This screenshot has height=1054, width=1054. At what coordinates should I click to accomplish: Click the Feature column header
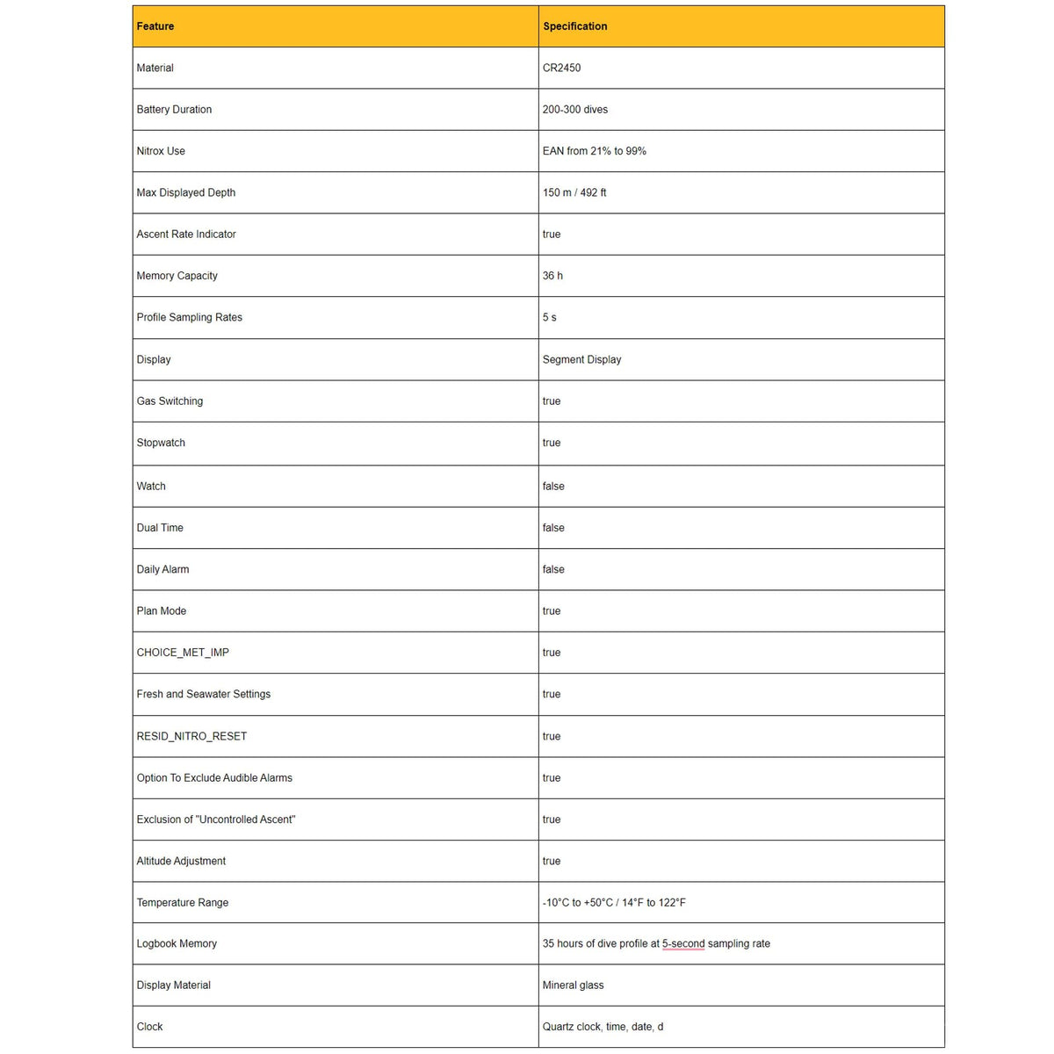(155, 26)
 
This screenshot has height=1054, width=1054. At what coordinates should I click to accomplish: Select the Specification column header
(574, 26)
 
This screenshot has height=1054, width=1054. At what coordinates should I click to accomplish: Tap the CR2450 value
(561, 68)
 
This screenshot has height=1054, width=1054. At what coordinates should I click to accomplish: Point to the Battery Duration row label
(174, 110)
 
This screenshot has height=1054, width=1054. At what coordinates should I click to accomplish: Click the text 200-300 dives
(574, 110)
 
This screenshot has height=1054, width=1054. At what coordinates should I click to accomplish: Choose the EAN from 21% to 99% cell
(594, 151)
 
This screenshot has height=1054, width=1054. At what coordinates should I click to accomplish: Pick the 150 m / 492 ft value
(574, 192)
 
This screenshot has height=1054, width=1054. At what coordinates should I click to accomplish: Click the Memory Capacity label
(177, 276)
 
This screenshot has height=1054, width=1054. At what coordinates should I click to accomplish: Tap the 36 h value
(552, 276)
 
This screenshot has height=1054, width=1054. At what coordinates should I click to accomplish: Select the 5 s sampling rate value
(549, 317)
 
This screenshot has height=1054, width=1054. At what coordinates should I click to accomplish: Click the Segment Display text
(581, 359)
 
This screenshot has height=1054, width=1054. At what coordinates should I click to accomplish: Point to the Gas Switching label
(170, 401)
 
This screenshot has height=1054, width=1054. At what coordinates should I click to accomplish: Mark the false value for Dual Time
(553, 528)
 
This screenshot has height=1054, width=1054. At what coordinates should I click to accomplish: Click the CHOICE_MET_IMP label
(183, 653)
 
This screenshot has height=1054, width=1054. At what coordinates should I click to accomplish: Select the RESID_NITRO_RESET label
(191, 736)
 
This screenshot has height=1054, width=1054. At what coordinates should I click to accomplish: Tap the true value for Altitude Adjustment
(551, 861)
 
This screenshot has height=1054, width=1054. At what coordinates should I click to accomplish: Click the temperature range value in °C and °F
(613, 902)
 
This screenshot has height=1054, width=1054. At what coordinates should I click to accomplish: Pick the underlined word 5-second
(683, 943)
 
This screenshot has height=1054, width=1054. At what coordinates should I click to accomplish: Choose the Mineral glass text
(573, 985)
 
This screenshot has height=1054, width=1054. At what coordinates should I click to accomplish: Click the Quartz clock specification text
(603, 1026)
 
